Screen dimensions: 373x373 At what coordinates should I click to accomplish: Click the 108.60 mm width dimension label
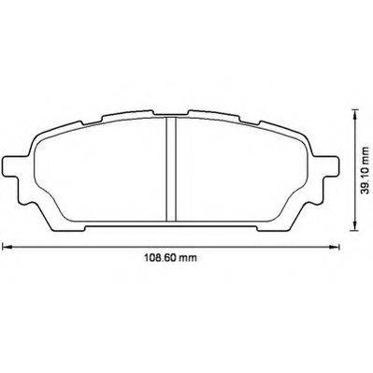point(170,258)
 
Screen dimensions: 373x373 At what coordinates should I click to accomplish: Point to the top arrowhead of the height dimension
point(353,114)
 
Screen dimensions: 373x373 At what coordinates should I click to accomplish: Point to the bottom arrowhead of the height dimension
point(353,226)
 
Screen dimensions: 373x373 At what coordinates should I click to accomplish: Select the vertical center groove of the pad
point(171,169)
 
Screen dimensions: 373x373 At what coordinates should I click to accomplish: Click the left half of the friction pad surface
point(100,171)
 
